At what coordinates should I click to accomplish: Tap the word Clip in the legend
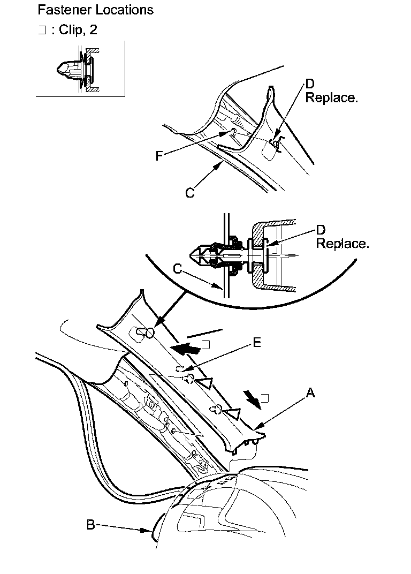(71, 30)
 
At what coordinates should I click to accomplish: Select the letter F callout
(158, 156)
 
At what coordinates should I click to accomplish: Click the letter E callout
(257, 343)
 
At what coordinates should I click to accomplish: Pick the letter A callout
(310, 394)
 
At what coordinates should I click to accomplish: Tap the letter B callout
(91, 525)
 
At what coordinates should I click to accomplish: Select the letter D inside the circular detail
(320, 230)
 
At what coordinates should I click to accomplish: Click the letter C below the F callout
(190, 193)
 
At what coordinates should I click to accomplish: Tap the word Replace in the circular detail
(342, 244)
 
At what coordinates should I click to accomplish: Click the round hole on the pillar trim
(149, 334)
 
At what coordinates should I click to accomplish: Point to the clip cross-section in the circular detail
(225, 255)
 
